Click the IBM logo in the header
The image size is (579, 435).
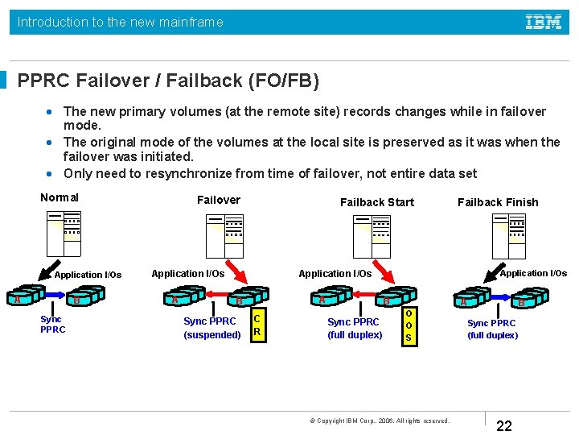click(x=544, y=23)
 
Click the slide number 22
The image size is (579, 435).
click(x=504, y=426)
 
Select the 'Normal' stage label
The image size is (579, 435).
click(x=60, y=197)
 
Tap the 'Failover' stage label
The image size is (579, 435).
click(x=219, y=200)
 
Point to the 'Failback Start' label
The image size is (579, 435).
click(x=377, y=202)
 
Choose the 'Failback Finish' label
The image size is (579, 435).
click(x=498, y=202)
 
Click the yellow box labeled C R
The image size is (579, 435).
click(x=257, y=325)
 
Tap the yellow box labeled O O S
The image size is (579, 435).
click(x=409, y=325)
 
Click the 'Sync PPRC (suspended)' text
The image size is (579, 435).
click(x=212, y=328)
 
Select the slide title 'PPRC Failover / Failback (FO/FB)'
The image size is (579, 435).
click(x=168, y=81)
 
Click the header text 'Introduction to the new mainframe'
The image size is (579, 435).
click(x=121, y=23)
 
